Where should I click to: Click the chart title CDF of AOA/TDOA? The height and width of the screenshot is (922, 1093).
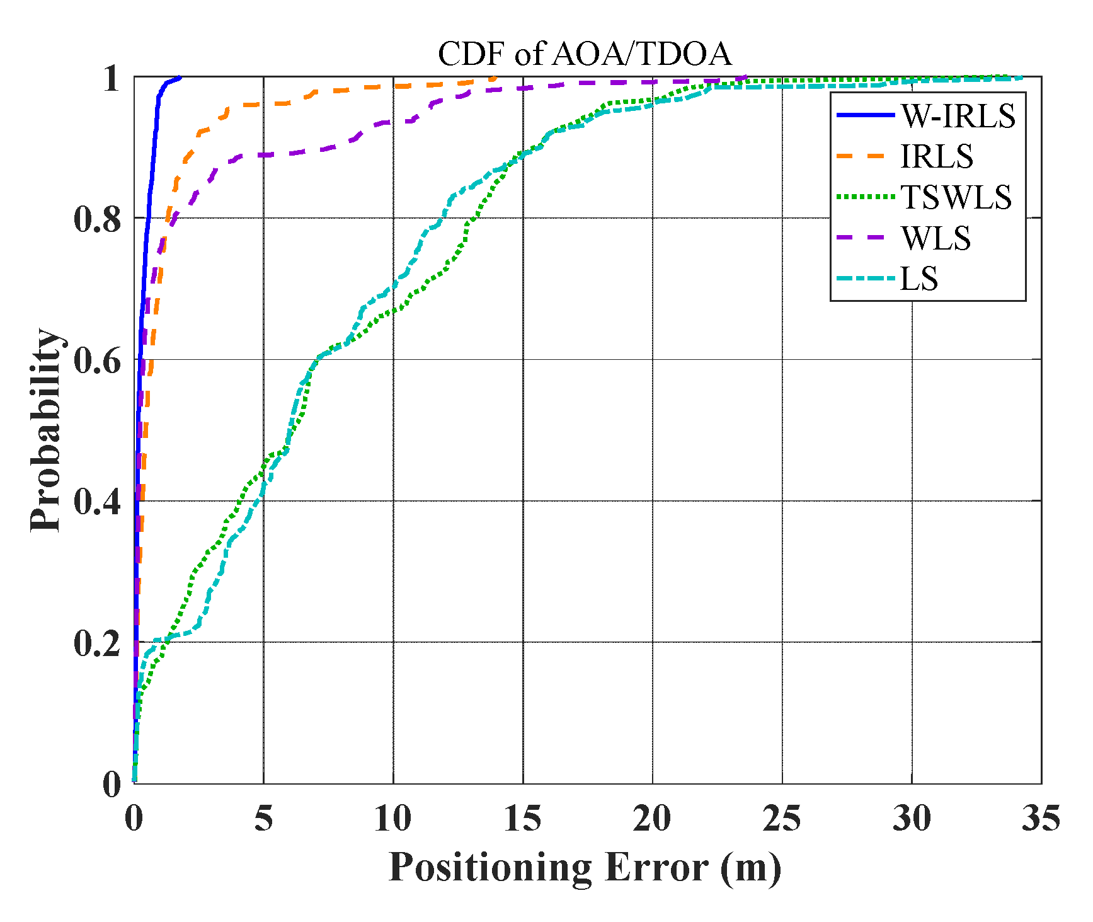pos(585,54)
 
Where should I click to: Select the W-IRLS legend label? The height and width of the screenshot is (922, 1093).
pos(958,116)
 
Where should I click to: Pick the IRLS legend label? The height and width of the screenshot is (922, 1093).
pos(937,157)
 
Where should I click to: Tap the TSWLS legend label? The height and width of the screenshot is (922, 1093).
pos(956,197)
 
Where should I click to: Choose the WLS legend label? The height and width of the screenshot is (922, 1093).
pos(936,238)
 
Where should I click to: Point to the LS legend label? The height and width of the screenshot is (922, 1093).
pos(919,279)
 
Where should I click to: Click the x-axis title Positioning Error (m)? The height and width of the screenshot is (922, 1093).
pos(585,867)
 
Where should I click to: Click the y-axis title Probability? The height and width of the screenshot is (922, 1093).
pos(47,430)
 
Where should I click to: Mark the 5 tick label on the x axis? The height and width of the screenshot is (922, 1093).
pos(263,819)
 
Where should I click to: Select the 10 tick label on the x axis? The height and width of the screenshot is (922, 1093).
pos(392,819)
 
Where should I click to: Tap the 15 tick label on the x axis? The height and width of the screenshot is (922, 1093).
pos(522,819)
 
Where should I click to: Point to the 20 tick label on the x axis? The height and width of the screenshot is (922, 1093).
pos(652,819)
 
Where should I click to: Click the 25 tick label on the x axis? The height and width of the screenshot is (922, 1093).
pos(782,819)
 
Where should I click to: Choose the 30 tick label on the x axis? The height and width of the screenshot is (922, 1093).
pos(912,819)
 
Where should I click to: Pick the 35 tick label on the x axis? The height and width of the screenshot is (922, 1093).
pos(1041,819)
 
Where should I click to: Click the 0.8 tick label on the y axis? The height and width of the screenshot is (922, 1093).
pos(97,219)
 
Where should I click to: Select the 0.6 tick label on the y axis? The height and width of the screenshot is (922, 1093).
pos(97,361)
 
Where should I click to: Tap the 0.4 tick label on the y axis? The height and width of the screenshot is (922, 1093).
pos(97,502)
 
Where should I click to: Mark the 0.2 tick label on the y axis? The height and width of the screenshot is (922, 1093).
pos(97,643)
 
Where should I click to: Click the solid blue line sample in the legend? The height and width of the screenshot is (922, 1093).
pos(865,115)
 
